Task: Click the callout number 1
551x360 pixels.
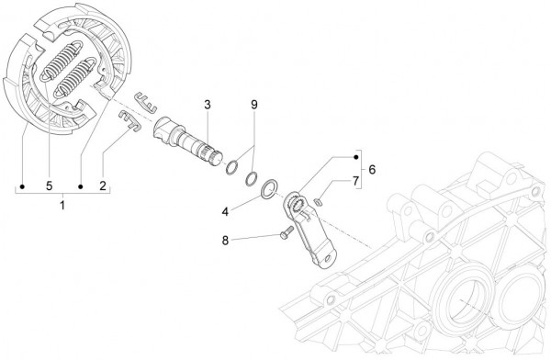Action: (x=62, y=205)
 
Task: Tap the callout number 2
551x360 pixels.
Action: (x=103, y=186)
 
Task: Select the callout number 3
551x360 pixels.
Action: (x=208, y=105)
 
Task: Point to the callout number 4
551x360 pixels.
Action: (x=225, y=211)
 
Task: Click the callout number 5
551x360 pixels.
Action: (x=50, y=186)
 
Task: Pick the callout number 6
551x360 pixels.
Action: (x=372, y=170)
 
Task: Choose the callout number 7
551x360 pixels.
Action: (x=355, y=181)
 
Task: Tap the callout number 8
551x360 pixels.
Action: (x=225, y=241)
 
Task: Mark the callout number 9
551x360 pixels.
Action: (x=254, y=105)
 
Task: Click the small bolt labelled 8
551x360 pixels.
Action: (x=286, y=232)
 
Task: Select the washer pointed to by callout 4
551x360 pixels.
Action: (x=269, y=189)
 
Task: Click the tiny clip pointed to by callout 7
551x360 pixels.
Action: (x=319, y=201)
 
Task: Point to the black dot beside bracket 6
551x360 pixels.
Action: (x=356, y=157)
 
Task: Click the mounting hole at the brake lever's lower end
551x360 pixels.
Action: (x=328, y=259)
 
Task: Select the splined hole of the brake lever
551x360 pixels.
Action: (x=296, y=205)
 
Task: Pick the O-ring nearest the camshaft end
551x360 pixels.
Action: (x=231, y=167)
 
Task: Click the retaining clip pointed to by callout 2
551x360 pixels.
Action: (x=129, y=120)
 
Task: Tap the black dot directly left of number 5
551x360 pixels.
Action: (x=22, y=186)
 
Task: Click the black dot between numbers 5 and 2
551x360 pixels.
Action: (x=81, y=186)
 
